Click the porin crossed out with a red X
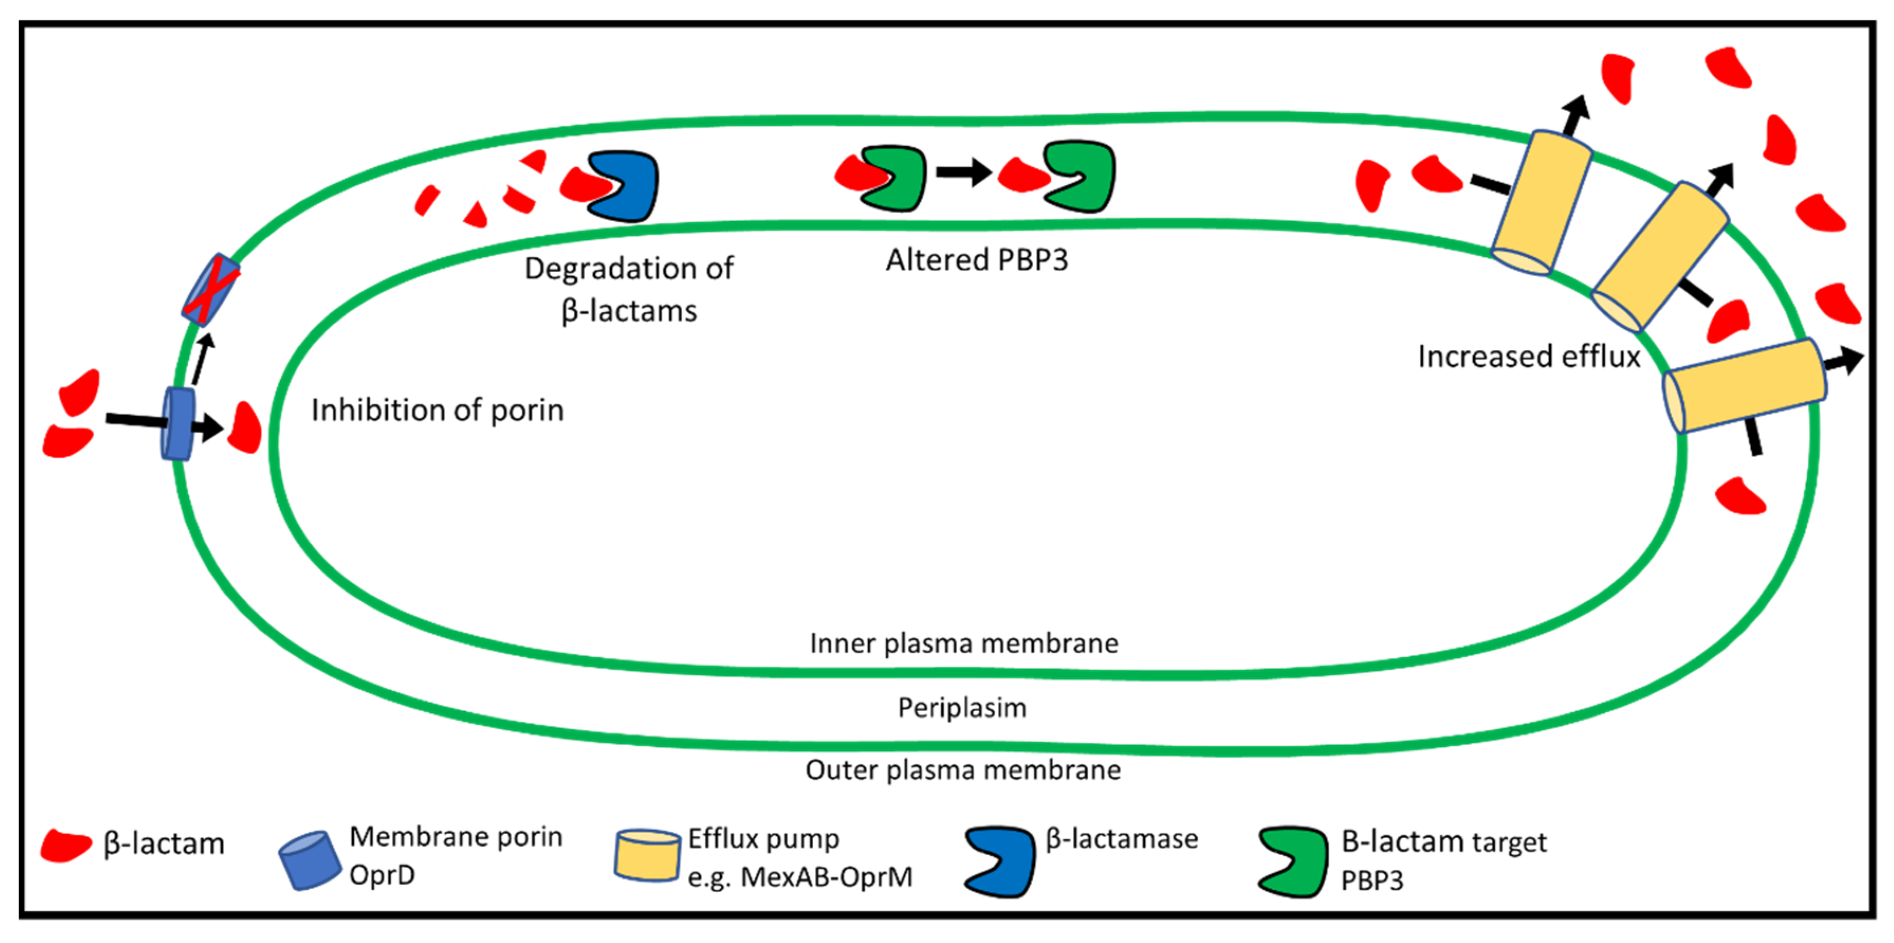click(x=211, y=289)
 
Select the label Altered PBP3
click(x=977, y=260)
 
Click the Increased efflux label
click(x=1529, y=357)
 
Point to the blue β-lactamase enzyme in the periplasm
click(x=625, y=186)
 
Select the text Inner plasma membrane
click(x=964, y=643)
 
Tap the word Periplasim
click(x=962, y=708)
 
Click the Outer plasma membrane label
click(x=963, y=770)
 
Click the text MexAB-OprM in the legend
click(x=826, y=877)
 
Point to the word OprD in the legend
click(x=382, y=875)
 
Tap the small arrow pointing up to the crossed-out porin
click(x=204, y=359)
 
